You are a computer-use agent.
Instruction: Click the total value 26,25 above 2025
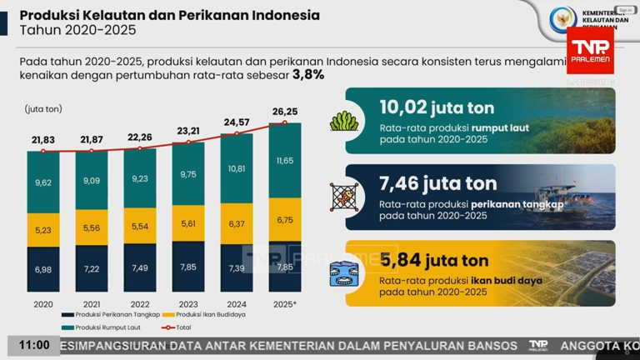pos(284,111)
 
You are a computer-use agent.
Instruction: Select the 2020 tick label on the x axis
pos(43,304)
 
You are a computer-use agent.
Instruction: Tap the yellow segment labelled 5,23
pos(43,230)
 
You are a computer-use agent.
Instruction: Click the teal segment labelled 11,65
pos(284,160)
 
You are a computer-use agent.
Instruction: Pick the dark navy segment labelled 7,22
pos(92,269)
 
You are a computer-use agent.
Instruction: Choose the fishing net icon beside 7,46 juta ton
pos(343,197)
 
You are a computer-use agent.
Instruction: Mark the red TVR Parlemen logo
pos(590,49)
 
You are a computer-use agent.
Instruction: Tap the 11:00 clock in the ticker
pos(33,345)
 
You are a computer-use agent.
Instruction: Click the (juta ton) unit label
pos(43,109)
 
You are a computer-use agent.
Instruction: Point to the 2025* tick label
pos(284,304)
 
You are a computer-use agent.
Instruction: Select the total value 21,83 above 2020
pos(43,139)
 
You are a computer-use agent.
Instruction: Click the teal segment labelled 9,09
pos(92,180)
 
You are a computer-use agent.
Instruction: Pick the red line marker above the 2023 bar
pos(187,143)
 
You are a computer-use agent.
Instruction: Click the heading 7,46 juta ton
pos(437,183)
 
